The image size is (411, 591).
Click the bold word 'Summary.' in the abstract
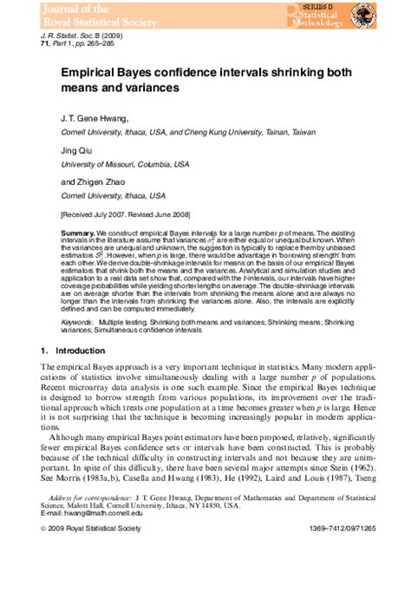(x=77, y=234)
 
